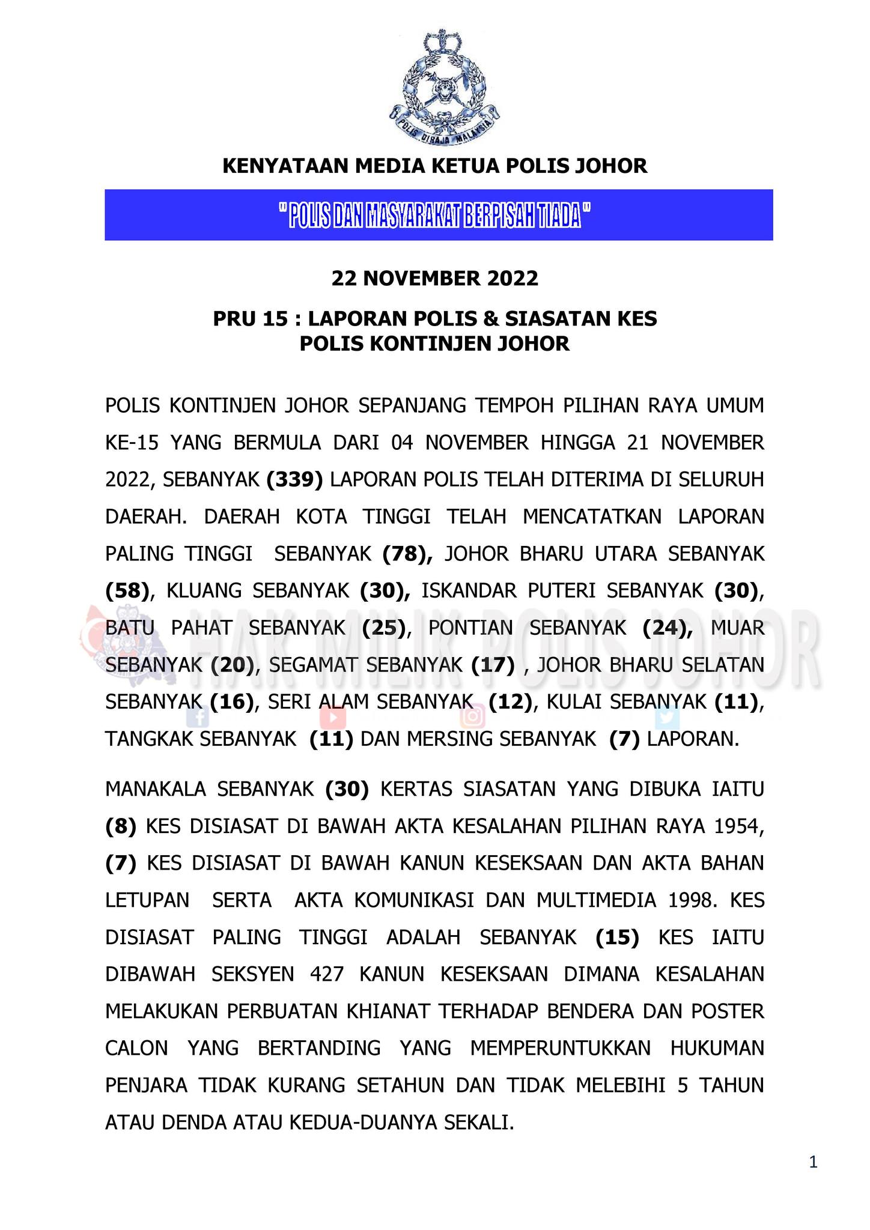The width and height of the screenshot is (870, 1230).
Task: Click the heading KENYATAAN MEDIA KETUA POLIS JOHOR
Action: coord(434,166)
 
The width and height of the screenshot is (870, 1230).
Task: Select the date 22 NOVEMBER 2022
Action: coord(434,279)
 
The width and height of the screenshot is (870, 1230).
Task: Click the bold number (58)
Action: coord(127,590)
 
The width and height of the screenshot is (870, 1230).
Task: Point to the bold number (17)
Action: coord(492,665)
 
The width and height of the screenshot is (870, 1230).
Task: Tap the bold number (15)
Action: coord(617,937)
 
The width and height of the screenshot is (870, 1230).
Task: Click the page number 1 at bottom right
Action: coord(813,1163)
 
